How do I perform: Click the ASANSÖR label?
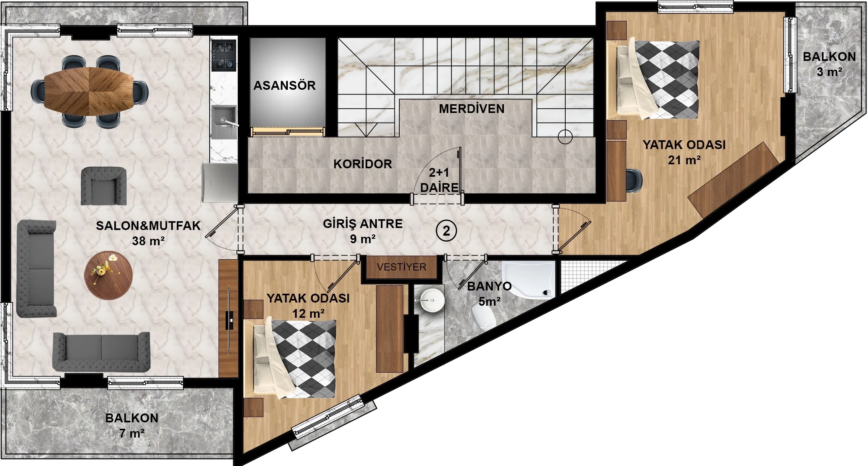tap(284, 85)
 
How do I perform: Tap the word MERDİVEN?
tap(471, 109)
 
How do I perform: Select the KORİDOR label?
tap(362, 164)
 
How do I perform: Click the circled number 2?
tap(446, 231)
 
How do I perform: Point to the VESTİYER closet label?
tap(401, 267)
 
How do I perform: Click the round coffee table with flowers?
tap(108, 275)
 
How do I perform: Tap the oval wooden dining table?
tap(89, 91)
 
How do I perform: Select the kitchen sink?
tap(224, 122)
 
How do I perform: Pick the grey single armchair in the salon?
tap(104, 186)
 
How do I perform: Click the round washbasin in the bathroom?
tap(432, 300)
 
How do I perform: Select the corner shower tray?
tap(529, 280)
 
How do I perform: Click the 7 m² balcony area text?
tap(132, 433)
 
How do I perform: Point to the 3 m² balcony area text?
tap(829, 72)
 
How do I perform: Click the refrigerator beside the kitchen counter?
tap(220, 182)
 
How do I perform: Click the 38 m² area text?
tap(148, 241)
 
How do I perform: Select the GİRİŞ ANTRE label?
tap(363, 224)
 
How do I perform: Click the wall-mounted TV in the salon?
tap(229, 320)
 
